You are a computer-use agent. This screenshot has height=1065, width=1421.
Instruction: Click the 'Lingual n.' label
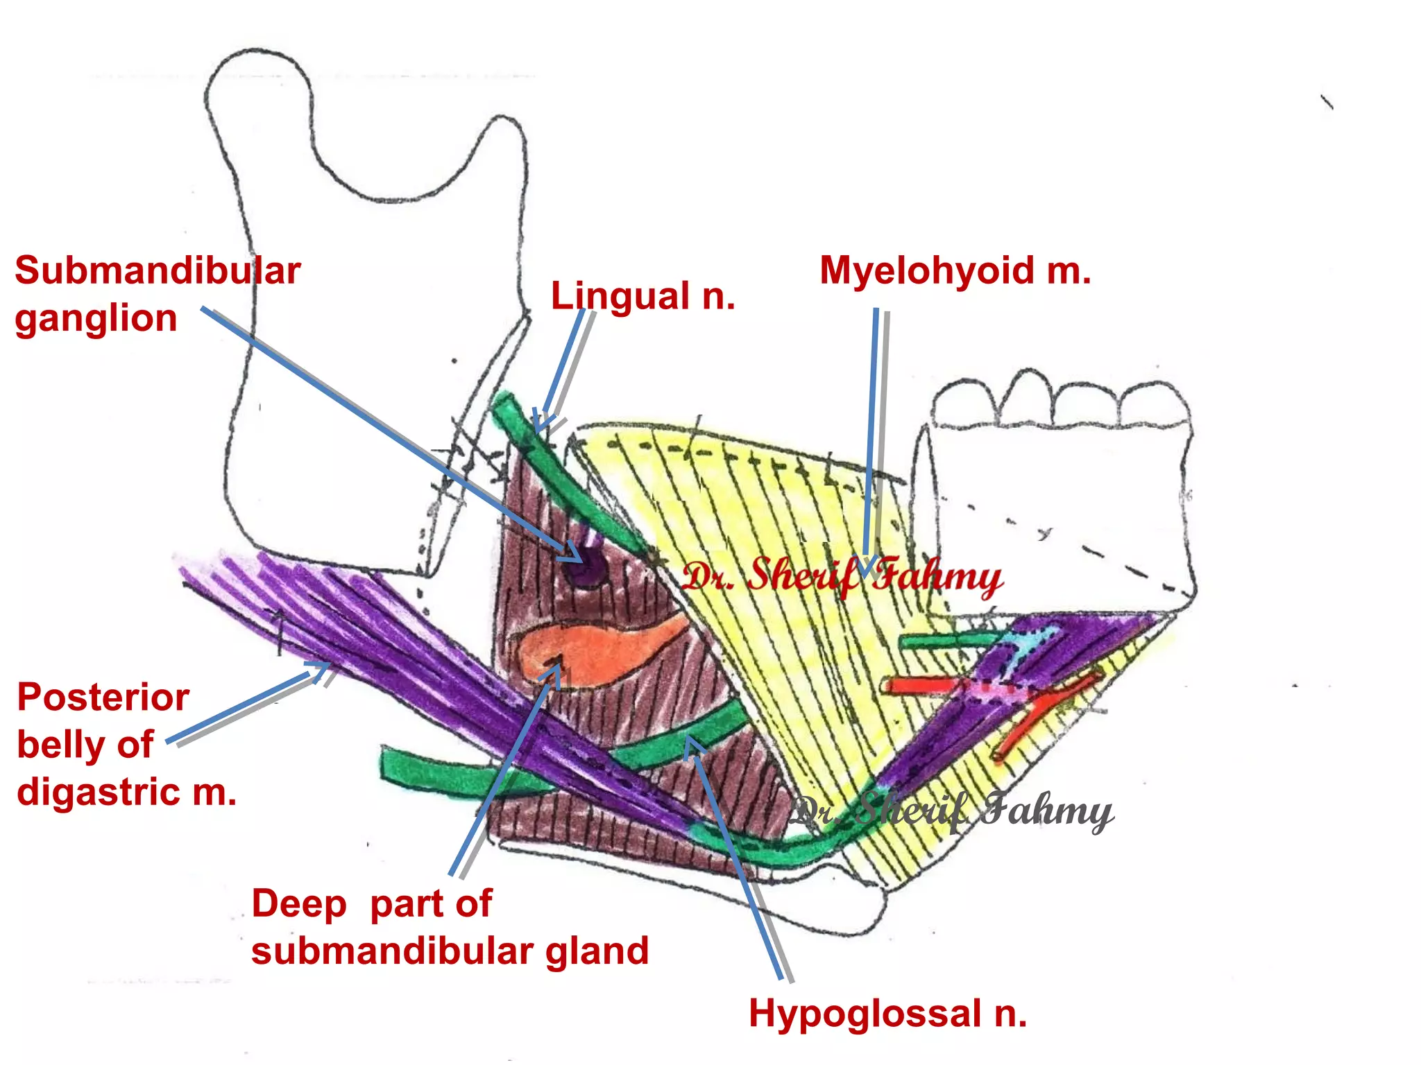643,297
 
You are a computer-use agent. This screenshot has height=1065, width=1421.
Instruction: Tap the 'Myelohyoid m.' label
955,271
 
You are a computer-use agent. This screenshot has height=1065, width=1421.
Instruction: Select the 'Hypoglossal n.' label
887,1014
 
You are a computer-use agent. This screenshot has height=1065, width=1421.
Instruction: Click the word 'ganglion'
96,319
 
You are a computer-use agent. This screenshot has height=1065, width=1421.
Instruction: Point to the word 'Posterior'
103,698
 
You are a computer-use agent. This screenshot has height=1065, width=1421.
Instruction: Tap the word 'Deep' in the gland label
298,904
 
